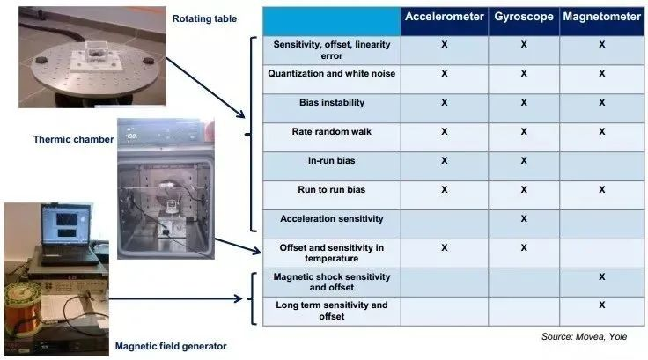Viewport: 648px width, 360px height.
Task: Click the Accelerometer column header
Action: (445, 17)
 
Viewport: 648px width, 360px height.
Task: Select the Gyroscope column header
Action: (524, 17)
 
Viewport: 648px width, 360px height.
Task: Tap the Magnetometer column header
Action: (601, 17)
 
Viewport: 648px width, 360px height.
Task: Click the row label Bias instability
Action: (332, 102)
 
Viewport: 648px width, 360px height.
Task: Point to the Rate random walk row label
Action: (331, 131)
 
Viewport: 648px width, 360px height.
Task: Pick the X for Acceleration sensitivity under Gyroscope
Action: (524, 218)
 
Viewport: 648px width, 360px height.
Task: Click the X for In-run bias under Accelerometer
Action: (445, 160)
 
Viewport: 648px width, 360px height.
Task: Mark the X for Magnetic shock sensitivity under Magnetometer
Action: (601, 276)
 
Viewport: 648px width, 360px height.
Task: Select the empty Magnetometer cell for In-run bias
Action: (601, 166)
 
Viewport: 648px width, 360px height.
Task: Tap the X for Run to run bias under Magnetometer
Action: (601, 189)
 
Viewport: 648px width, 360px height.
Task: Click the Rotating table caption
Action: (204, 19)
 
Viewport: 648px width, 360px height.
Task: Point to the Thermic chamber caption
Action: (73, 139)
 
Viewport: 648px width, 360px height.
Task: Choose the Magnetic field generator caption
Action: (171, 346)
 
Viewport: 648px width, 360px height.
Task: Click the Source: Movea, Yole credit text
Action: (585, 336)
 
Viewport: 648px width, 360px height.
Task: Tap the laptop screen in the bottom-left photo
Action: (66, 224)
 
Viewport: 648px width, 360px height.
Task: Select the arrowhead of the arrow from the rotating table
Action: (240, 113)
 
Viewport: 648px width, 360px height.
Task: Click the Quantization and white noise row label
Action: (331, 74)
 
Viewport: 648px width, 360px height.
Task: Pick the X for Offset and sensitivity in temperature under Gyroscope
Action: (524, 247)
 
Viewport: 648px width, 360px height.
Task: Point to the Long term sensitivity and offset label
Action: (331, 311)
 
